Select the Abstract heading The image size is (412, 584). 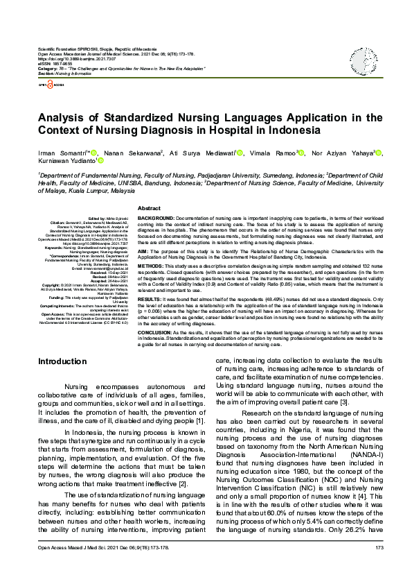pos(150,209)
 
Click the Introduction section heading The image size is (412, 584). pos(62,361)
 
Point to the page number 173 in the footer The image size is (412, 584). pos(379,567)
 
